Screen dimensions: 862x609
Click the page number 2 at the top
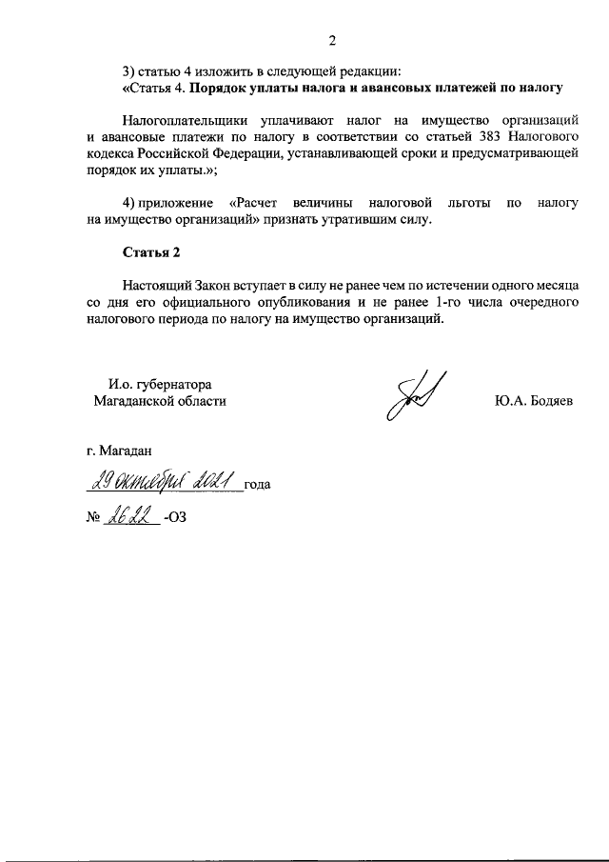(x=332, y=40)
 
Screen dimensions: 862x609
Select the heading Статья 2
(x=150, y=252)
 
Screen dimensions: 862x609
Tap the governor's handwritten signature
(x=412, y=398)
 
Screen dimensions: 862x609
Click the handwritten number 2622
(x=132, y=519)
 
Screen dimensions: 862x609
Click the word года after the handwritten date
(x=257, y=485)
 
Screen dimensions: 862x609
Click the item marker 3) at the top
(x=129, y=71)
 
